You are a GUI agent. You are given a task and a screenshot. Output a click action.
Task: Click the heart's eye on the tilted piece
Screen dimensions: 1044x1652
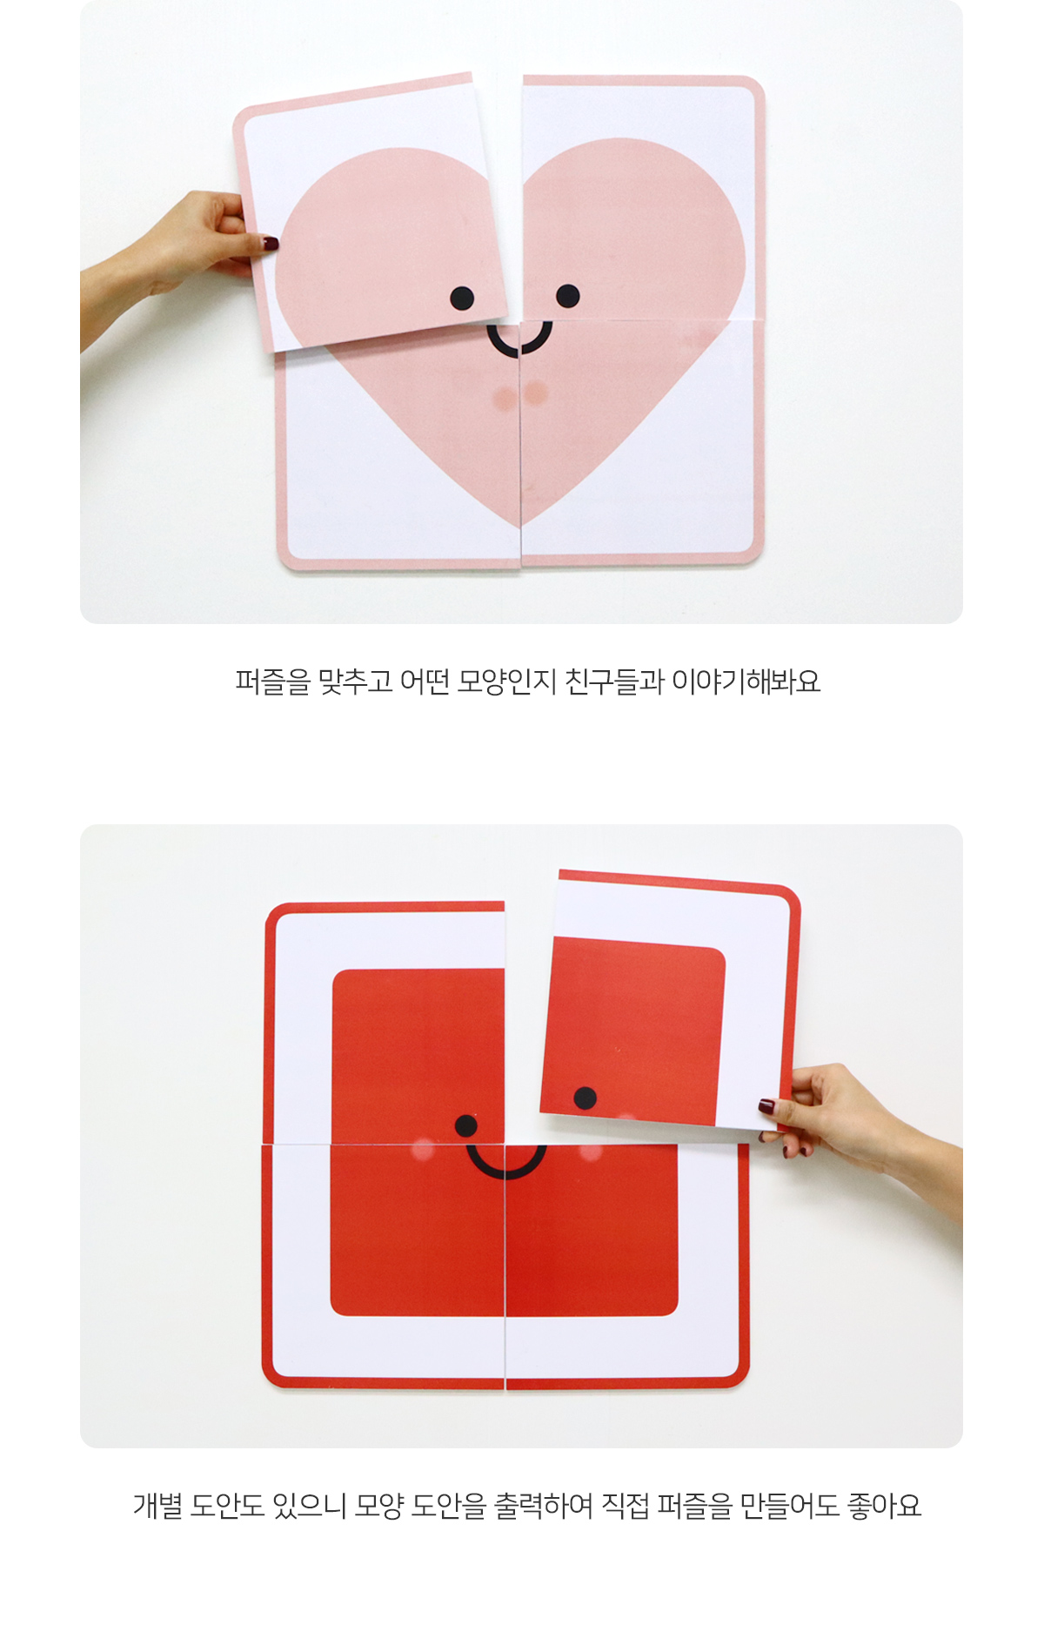462,299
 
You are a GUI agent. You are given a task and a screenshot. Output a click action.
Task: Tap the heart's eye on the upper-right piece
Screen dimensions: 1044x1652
567,296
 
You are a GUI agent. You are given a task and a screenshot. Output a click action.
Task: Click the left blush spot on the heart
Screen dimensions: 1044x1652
505,399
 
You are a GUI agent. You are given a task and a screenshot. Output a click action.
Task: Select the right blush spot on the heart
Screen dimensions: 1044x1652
537,393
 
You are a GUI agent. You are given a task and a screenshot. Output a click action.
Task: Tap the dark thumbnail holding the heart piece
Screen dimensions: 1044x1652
271,244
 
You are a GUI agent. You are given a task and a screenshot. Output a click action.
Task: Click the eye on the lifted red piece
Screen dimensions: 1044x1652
586,1098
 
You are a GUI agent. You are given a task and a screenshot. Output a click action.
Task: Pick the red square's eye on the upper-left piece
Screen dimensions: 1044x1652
466,1126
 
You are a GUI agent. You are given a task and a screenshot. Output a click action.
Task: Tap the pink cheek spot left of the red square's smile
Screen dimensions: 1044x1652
423,1150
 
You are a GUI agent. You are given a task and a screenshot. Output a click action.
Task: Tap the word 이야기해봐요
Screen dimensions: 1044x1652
746,681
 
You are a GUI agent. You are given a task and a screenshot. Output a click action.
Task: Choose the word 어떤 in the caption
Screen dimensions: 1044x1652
425,681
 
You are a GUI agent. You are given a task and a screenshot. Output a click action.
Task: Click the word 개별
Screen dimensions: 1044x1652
157,1505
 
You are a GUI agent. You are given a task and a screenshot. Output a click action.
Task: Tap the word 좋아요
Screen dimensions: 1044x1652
884,1505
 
